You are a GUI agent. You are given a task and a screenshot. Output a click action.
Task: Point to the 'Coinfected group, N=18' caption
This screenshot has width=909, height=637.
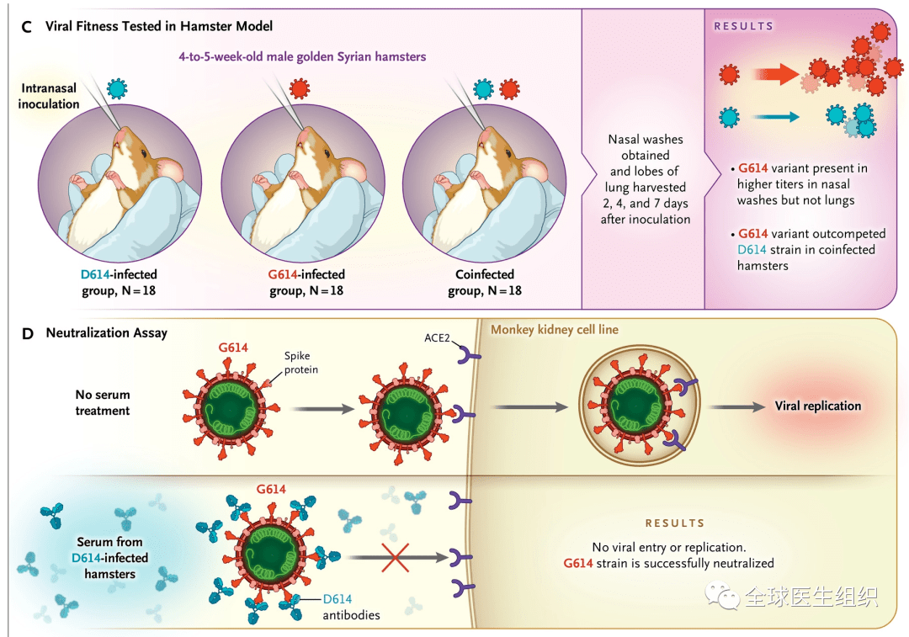(485, 282)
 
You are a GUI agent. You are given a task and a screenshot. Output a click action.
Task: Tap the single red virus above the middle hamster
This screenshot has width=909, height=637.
(300, 88)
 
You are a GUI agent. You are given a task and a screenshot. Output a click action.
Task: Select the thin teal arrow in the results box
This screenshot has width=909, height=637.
(771, 118)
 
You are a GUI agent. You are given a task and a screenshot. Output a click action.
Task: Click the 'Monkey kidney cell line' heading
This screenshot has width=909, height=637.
(555, 330)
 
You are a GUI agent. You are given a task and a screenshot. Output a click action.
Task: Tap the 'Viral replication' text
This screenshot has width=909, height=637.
(817, 406)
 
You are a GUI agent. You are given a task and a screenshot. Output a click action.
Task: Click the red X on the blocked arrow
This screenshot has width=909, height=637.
(395, 556)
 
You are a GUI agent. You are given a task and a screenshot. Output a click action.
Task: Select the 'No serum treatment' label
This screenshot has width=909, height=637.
(102, 402)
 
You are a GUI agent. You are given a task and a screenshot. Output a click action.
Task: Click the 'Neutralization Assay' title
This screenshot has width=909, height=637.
(106, 333)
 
